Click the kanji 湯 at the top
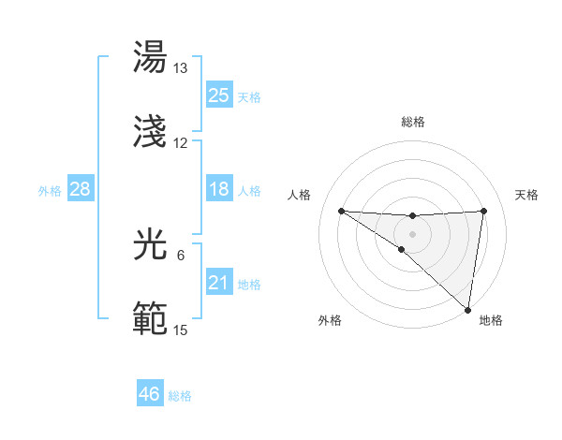click(152, 58)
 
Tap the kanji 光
click(152, 245)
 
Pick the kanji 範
click(152, 319)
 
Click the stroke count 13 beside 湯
click(181, 68)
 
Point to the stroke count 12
click(181, 143)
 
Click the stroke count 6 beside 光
click(181, 256)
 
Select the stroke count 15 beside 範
click(181, 330)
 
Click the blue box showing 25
click(218, 95)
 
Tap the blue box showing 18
click(218, 190)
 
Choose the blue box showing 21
click(218, 283)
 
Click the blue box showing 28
click(81, 190)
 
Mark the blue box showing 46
click(150, 394)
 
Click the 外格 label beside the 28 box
click(50, 191)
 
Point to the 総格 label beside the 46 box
click(180, 396)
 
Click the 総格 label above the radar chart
click(413, 122)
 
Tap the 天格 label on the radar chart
click(526, 195)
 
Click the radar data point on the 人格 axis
click(341, 211)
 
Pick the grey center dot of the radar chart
click(412, 232)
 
